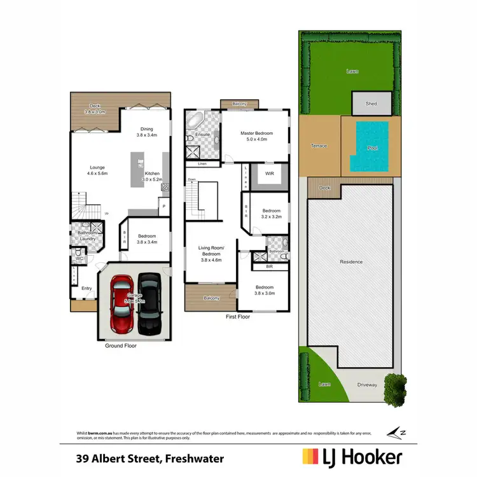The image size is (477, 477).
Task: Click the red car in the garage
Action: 120,304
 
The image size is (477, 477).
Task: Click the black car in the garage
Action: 149,304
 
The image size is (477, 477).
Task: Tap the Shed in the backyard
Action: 371,103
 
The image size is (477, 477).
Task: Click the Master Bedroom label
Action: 256,134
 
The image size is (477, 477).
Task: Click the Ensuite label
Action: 203,135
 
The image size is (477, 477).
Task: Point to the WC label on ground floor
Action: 79,259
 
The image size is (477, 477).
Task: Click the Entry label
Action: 86,288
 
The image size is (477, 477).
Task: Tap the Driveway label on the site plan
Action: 367,385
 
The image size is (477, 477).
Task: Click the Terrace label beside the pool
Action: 319,146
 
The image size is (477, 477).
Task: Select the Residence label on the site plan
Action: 351,261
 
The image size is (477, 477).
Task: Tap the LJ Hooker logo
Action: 352,457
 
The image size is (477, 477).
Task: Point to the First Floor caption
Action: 238,316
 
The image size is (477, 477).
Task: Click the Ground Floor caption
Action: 121,346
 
